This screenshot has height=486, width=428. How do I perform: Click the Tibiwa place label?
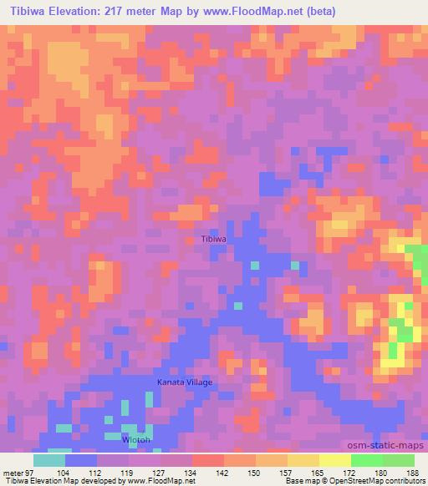click(215, 239)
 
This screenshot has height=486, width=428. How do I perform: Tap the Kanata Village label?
click(186, 382)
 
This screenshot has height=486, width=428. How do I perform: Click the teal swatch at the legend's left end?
click(49, 460)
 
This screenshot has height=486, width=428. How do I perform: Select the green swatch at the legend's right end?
click(399, 460)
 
